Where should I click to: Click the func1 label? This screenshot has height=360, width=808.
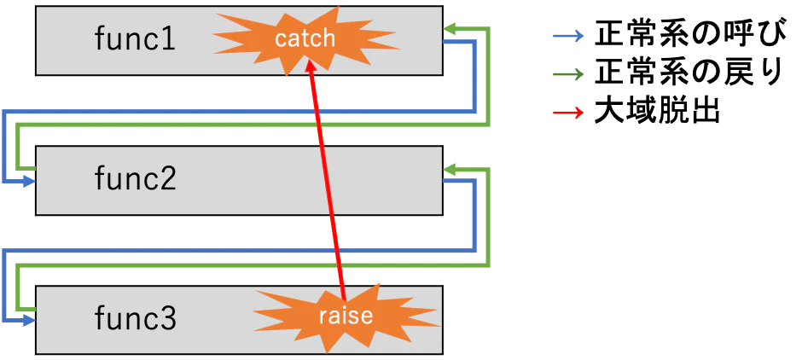pos(135,39)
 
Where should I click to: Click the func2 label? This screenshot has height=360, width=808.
pos(135,178)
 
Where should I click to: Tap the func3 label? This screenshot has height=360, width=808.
pos(135,318)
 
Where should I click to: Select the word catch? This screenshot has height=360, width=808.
pos(305,38)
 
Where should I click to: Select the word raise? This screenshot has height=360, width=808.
pos(346,316)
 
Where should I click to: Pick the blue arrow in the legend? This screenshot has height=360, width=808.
pos(568,36)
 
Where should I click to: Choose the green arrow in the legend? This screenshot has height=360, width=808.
pos(568,74)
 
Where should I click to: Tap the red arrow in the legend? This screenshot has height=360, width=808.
pos(568,112)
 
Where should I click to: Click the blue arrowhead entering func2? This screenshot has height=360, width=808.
pos(30,181)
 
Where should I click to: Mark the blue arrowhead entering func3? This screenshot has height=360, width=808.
pos(30,320)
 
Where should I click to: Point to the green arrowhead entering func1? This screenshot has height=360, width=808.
pos(450,30)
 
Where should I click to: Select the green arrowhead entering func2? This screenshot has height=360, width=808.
pos(450,171)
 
